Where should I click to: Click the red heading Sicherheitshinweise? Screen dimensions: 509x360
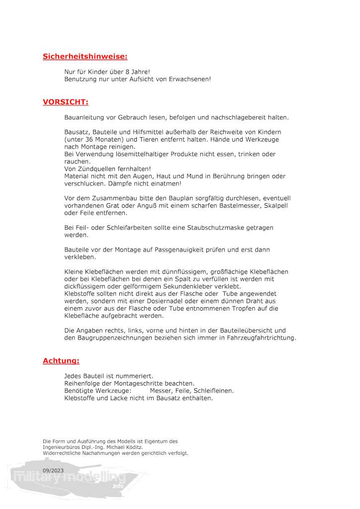pyautogui.click(x=85, y=57)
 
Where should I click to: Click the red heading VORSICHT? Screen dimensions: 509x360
pyautogui.click(x=65, y=102)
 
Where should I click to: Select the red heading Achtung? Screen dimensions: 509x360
pyautogui.click(x=61, y=361)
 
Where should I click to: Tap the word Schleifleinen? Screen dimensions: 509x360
pyautogui.click(x=212, y=391)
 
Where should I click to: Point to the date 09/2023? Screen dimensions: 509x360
pyautogui.click(x=53, y=470)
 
